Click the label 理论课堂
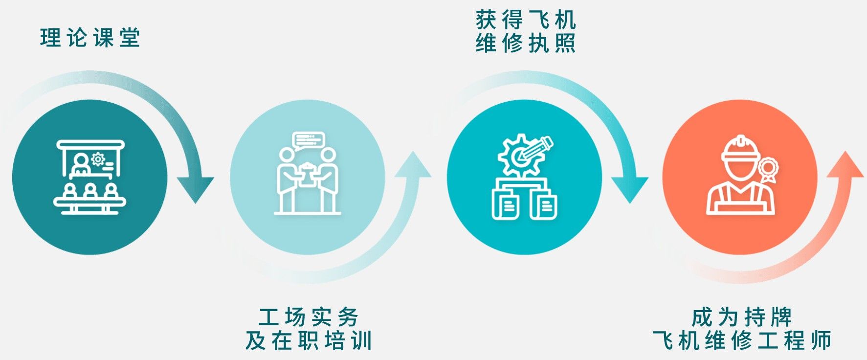coord(90,38)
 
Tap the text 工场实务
coord(309,317)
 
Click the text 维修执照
coord(526,44)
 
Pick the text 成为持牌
coord(742,317)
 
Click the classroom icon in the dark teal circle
coord(89,177)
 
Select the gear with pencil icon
coord(524,177)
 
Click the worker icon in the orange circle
coord(740,177)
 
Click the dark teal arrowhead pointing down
coord(196,188)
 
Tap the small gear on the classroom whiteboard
coord(98,158)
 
